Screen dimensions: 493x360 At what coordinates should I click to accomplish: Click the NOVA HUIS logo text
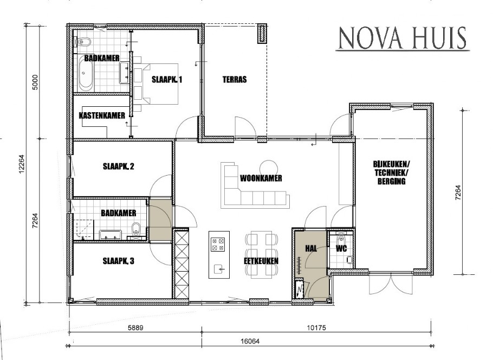(403, 38)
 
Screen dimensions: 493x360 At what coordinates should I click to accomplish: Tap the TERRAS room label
(235, 79)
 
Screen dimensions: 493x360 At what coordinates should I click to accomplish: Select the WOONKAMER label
(261, 178)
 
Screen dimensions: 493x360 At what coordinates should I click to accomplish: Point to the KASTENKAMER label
(102, 115)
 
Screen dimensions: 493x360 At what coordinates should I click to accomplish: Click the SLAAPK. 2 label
(119, 166)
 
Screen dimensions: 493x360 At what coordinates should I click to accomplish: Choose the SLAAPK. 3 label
(119, 261)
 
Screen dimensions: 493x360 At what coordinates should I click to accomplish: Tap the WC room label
(341, 249)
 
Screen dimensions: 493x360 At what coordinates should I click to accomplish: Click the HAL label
(311, 248)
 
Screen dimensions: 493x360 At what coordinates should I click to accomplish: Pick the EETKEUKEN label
(261, 261)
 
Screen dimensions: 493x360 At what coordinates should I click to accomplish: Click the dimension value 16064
(250, 341)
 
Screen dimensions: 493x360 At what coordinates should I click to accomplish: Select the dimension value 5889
(135, 327)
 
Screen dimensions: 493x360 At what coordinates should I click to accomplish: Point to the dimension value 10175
(316, 327)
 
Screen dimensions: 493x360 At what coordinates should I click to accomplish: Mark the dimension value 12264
(21, 165)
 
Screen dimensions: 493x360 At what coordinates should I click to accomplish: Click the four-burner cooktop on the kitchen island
(218, 245)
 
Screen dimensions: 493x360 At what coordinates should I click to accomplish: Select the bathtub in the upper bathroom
(86, 75)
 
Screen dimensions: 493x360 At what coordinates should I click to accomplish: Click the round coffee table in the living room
(269, 166)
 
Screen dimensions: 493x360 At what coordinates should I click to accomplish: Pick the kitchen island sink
(219, 269)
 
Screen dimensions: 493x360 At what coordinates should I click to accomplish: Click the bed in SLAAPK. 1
(156, 83)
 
